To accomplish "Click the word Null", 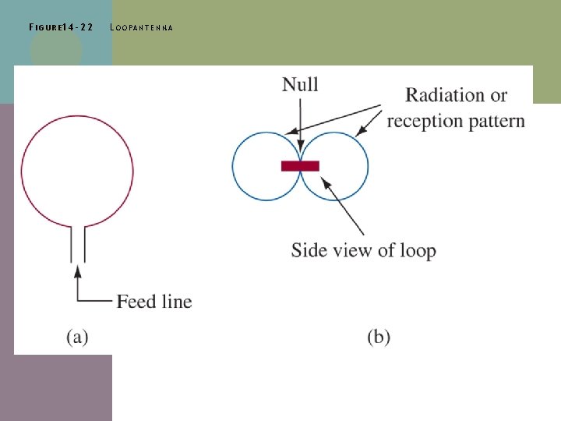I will coord(300,84).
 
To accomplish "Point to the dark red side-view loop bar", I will coord(300,165).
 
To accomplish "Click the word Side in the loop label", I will coord(308,250).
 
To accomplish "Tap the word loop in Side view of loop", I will coord(417,250).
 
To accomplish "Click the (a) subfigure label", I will coord(76,337).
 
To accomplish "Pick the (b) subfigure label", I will coord(379,337).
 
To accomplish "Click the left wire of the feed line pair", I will coord(72,244).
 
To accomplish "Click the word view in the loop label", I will coord(351,250).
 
